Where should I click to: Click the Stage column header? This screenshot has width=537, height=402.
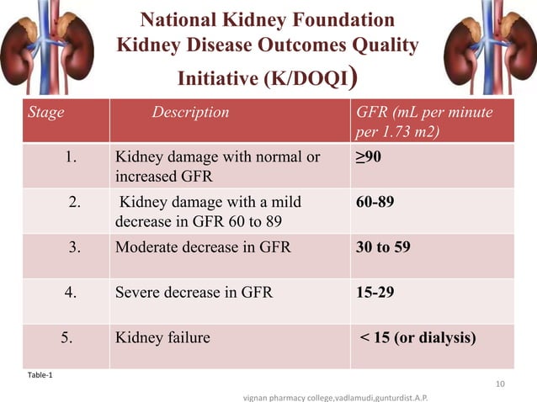pyautogui.click(x=41, y=112)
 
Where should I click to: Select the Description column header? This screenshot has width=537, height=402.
pyautogui.click(x=190, y=112)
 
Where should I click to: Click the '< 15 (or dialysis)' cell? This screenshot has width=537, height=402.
pyautogui.click(x=418, y=338)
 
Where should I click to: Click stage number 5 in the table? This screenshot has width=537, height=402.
pyautogui.click(x=69, y=338)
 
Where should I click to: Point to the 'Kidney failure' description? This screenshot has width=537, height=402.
pyautogui.click(x=162, y=338)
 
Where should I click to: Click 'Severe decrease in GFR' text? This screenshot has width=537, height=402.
pyautogui.click(x=194, y=293)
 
